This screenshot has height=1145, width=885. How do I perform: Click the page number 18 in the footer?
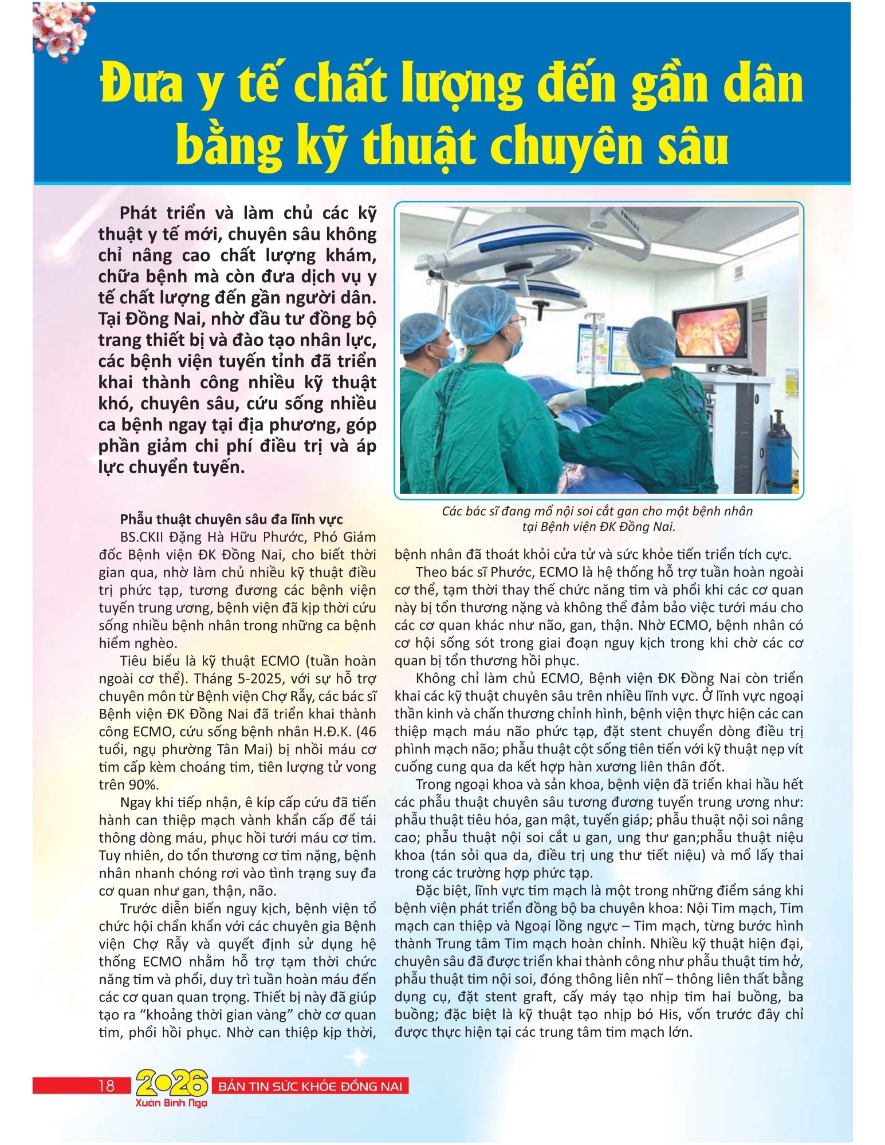107,1085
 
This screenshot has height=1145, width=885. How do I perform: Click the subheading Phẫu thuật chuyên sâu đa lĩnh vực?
231,519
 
